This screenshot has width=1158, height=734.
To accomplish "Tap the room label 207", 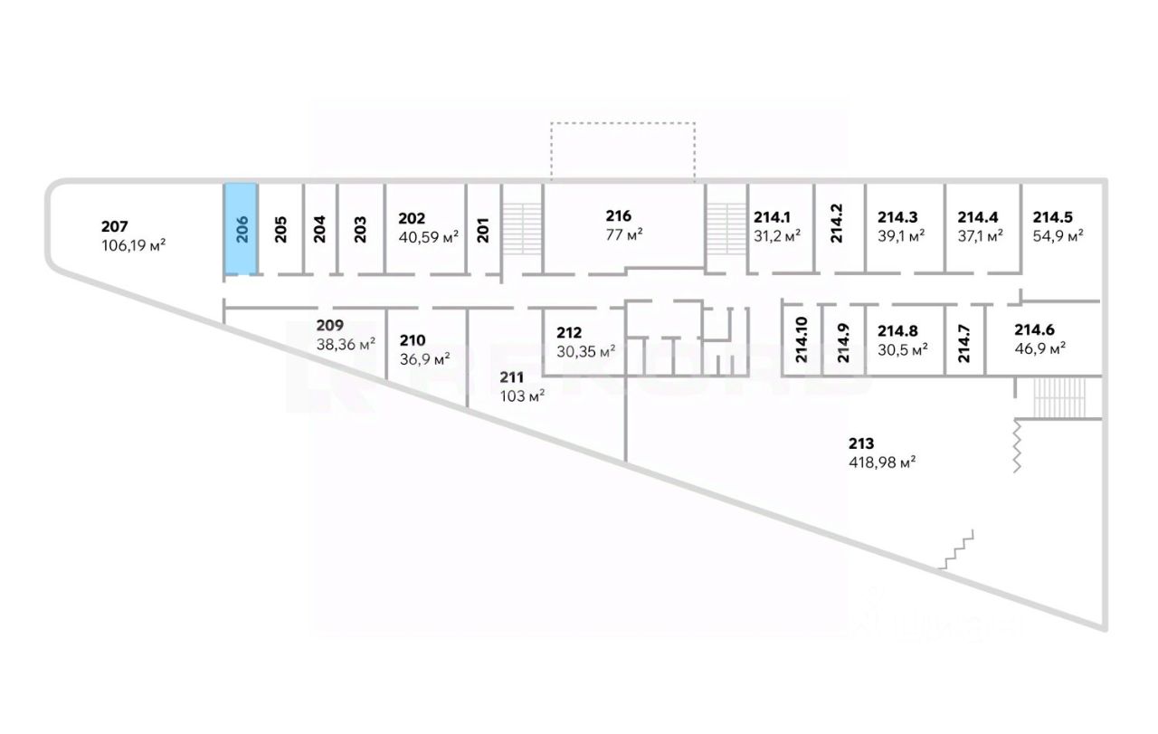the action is tap(115, 226).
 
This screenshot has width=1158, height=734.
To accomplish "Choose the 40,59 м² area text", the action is tap(429, 237).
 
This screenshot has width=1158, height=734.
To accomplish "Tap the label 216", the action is tap(619, 215).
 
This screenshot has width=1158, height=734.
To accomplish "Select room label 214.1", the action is tap(772, 217).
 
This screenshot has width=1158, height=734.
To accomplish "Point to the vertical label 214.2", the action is tap(837, 223).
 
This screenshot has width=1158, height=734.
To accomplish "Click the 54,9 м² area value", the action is tap(1058, 235).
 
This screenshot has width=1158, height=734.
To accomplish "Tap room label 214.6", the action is tap(1041, 330).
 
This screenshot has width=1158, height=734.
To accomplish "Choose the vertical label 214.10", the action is tap(801, 340).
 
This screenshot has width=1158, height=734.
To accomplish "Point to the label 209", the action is tap(329, 325).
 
